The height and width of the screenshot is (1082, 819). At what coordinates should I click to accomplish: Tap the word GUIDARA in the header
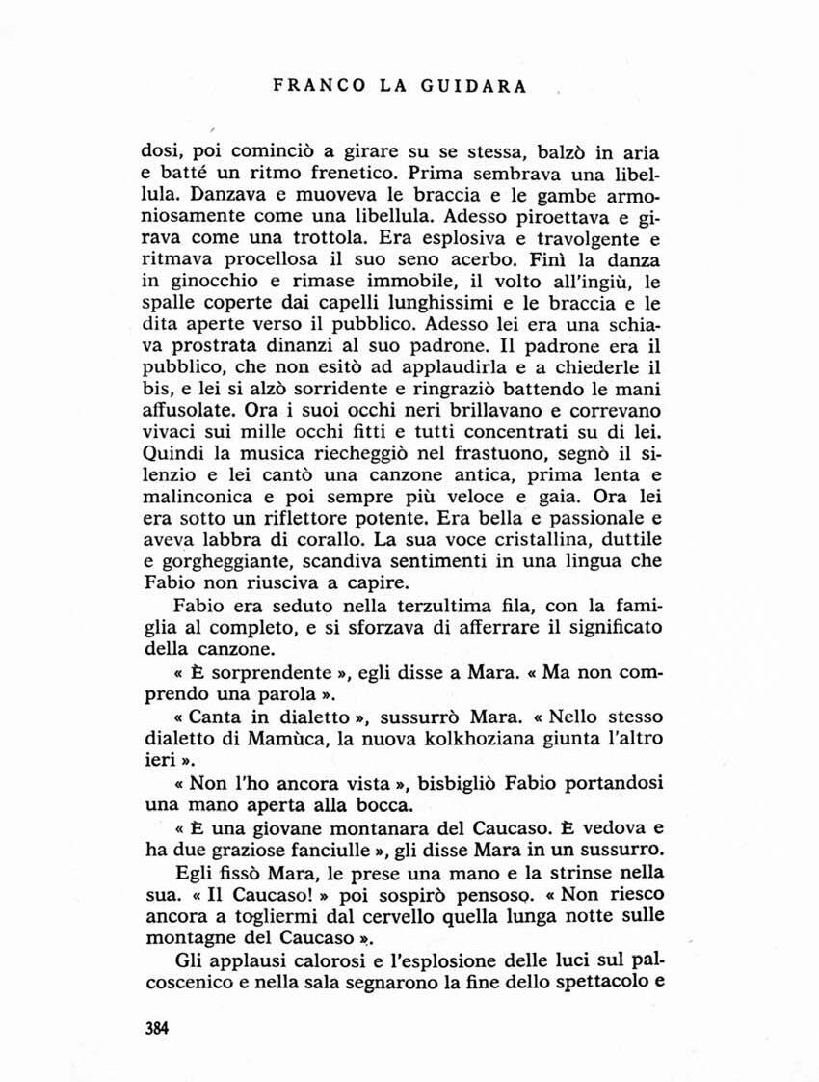pyautogui.click(x=472, y=86)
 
